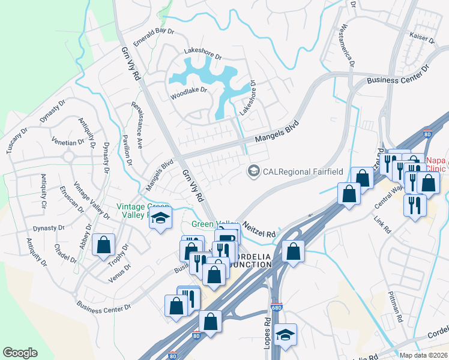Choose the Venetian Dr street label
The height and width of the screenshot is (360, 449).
(68, 143)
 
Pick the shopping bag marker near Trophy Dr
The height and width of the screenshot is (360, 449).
(104, 245)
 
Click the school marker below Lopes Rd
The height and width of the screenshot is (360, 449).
(286, 335)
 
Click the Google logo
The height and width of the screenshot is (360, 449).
(20, 353)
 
